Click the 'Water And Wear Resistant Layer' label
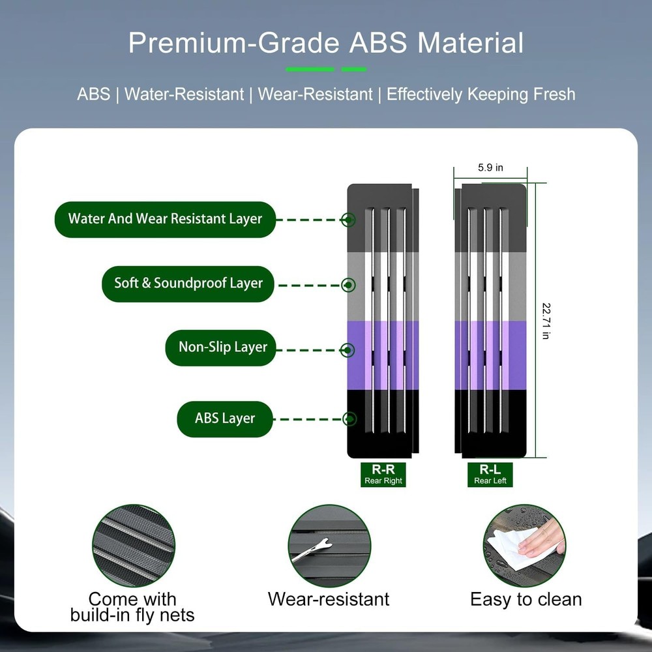pyautogui.click(x=165, y=219)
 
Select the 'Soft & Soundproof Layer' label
pyautogui.click(x=188, y=284)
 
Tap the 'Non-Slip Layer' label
pyautogui.click(x=221, y=348)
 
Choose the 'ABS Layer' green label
pyautogui.click(x=225, y=419)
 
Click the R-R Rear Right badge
pyautogui.click(x=383, y=475)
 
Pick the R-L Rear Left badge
pyautogui.click(x=490, y=475)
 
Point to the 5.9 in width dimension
pyautogui.click(x=490, y=168)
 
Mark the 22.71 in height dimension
pyautogui.click(x=546, y=321)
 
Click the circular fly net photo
pyautogui.click(x=134, y=546)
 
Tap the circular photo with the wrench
pyautogui.click(x=329, y=546)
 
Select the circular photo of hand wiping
pyautogui.click(x=524, y=546)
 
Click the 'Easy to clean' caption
pyautogui.click(x=526, y=600)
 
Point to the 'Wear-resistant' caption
pyautogui.click(x=329, y=599)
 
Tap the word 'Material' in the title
pyautogui.click(x=470, y=43)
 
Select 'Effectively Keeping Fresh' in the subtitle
pyautogui.click(x=481, y=95)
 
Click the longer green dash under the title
pyautogui.click(x=310, y=69)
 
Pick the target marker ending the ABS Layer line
pyautogui.click(x=349, y=419)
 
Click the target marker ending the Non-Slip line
pyautogui.click(x=348, y=350)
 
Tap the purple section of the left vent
pyautogui.click(x=383, y=355)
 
